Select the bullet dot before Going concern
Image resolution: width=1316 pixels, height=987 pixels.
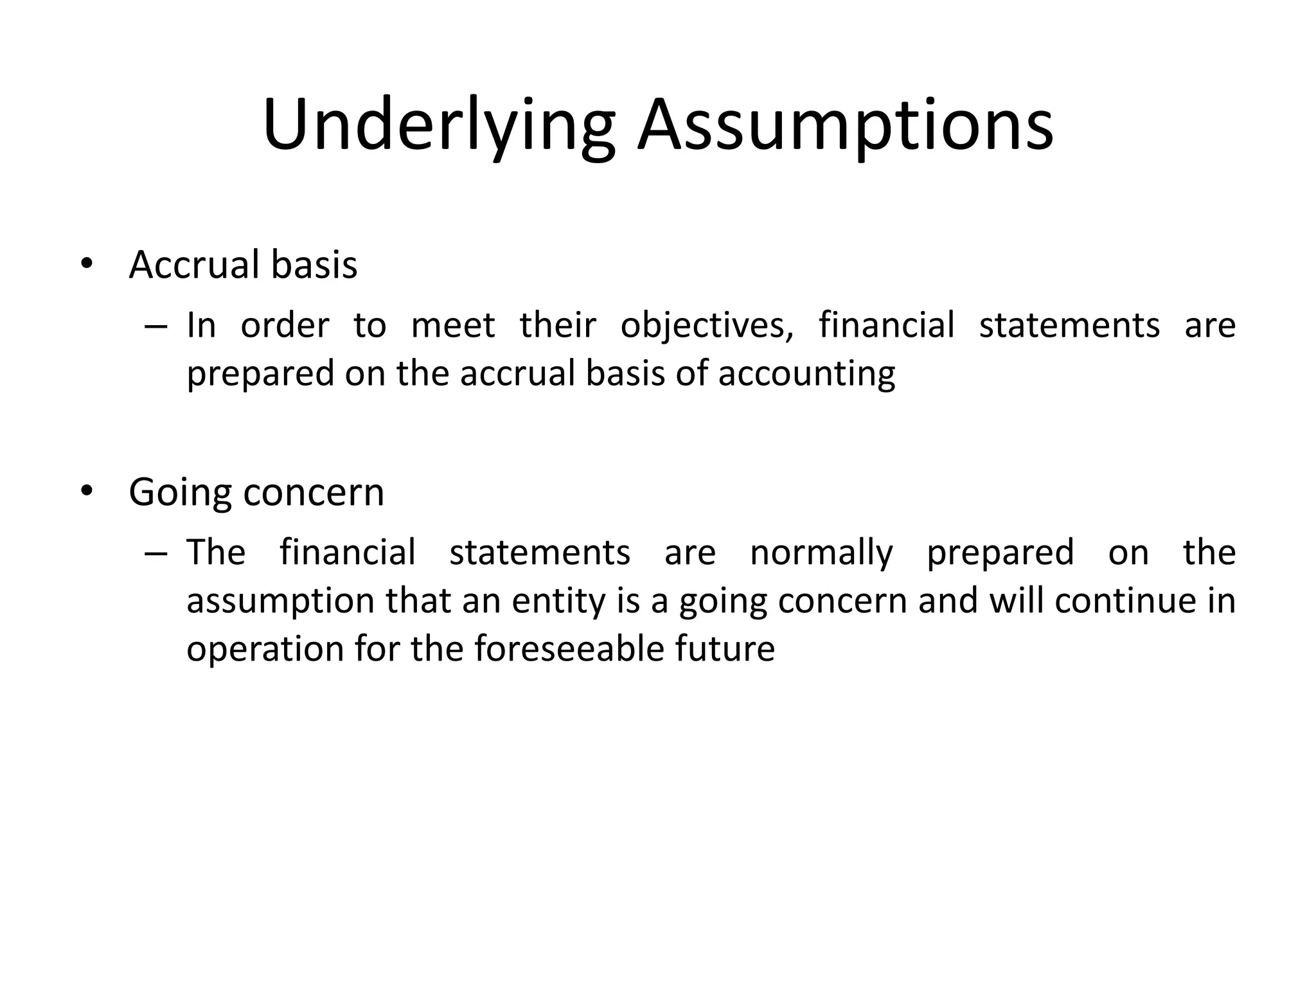tap(87, 492)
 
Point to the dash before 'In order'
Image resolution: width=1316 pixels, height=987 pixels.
tap(156, 326)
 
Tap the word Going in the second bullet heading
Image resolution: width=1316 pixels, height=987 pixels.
tap(181, 493)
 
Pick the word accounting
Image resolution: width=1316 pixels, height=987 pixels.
tap(806, 374)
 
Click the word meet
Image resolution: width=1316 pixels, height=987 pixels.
tap(453, 326)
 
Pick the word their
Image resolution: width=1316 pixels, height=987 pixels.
tap(558, 325)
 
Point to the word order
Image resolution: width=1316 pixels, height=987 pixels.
tap(285, 326)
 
